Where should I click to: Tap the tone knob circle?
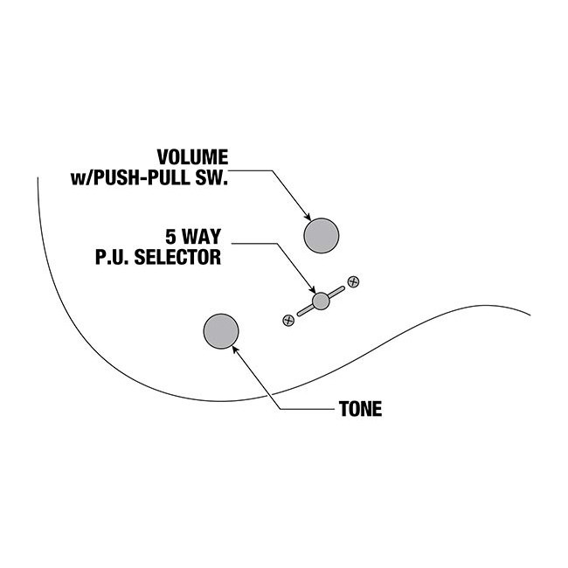221,330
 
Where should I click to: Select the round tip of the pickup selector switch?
321,301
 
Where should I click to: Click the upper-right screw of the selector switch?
353,281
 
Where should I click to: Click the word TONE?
359,410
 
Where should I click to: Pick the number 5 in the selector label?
170,236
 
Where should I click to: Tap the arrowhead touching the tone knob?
236,347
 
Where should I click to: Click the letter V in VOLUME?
163,157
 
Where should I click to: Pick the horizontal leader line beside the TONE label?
306,410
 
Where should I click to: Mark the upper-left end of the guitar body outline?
38,178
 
